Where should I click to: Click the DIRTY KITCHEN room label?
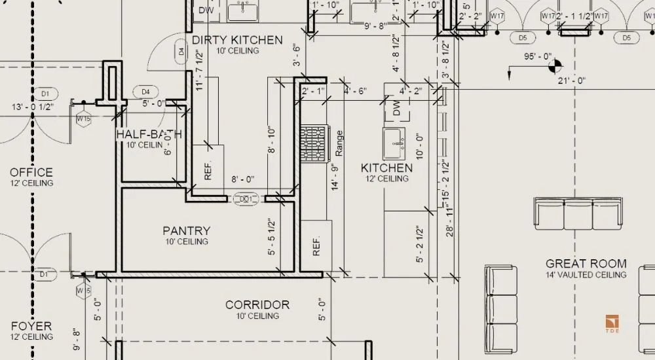pos(237,41)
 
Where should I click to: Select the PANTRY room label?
pos(187,231)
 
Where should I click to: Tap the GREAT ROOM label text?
pos(586,264)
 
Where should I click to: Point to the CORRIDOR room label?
pos(257,305)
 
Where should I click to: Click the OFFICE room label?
pos(31,173)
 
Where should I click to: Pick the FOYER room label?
pos(31,326)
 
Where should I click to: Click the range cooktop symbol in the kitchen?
pos(312,143)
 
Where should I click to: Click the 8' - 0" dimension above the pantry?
pos(242,178)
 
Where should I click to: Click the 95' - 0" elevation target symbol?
pos(555,65)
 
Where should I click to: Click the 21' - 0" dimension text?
pos(571,81)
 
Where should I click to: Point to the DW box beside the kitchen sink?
pos(396,109)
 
